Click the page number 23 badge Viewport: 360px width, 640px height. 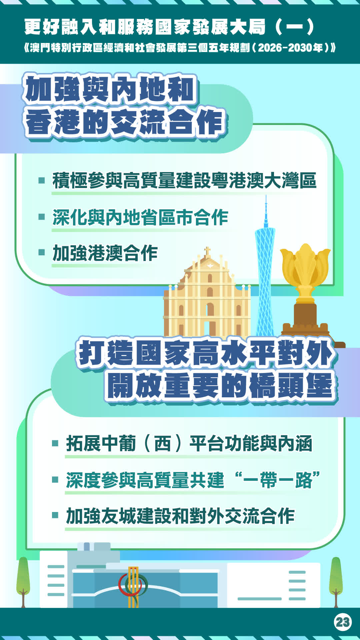(343, 622)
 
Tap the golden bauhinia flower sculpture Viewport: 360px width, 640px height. (305, 270)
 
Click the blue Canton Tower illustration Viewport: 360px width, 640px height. (265, 267)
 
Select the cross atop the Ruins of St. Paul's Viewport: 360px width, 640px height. (207, 252)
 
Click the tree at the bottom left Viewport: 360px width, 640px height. (23, 582)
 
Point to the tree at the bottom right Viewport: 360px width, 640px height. (336, 582)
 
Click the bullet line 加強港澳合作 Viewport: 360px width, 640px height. (105, 253)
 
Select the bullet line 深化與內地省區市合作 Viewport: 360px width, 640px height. (140, 217)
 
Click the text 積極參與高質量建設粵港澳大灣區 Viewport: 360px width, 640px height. (184, 180)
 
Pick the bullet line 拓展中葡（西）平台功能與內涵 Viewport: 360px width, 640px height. (189, 443)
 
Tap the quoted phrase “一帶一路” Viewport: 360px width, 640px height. (277, 480)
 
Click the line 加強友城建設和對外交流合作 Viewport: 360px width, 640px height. (180, 516)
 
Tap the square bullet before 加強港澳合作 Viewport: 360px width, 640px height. (42, 252)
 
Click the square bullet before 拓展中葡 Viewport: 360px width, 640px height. (55, 443)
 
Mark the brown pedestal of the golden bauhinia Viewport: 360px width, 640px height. (305, 317)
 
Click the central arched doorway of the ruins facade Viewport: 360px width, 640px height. (210, 310)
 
